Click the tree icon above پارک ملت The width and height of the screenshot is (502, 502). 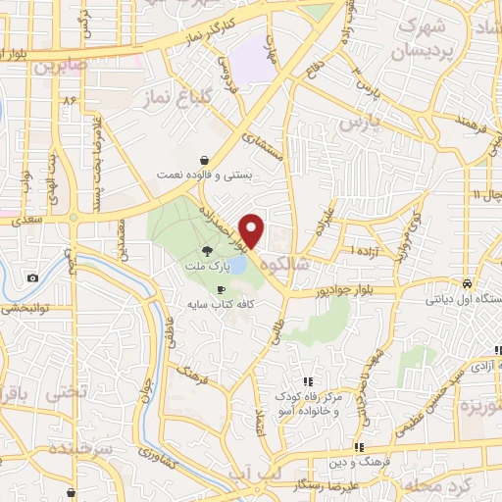tap(204, 251)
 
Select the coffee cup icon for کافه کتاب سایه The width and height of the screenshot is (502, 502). tap(221, 289)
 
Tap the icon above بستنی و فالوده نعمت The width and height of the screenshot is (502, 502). tap(203, 159)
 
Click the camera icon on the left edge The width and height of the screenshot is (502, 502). tap(33, 277)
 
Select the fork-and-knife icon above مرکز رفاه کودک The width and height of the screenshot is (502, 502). tap(308, 381)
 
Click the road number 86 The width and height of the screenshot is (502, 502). tap(69, 101)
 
